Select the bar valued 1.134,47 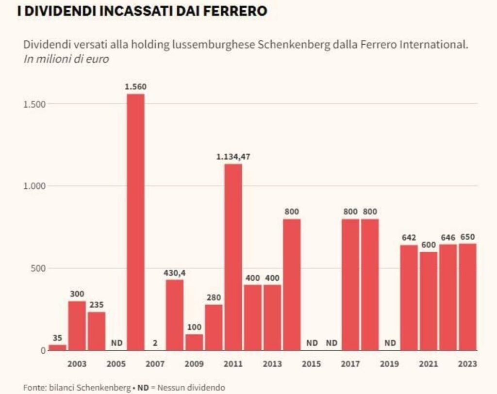tap(233, 257)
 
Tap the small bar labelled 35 tap(57, 347)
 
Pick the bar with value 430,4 tap(175, 315)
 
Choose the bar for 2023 tap(468, 296)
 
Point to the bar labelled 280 tap(214, 328)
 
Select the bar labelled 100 tap(194, 342)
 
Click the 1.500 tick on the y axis tap(34, 104)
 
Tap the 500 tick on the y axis tap(36, 268)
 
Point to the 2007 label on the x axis tap(155, 364)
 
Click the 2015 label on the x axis tap(312, 364)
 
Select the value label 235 tap(97, 305)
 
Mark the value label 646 tap(448, 237)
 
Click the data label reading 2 tap(155, 343)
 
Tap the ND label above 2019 tap(390, 343)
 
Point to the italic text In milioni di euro tap(66, 59)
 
